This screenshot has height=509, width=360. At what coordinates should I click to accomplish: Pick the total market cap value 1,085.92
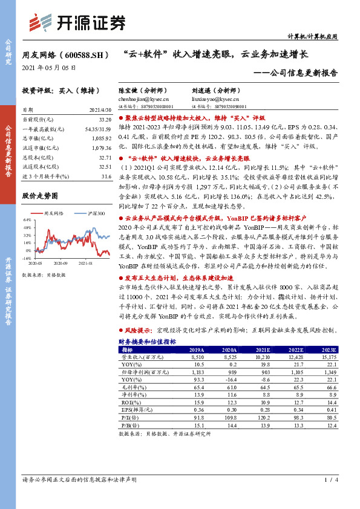[102, 138]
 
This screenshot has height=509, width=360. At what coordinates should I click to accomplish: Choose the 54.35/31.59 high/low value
[98, 129]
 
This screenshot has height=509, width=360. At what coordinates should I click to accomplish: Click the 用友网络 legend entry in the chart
[54, 214]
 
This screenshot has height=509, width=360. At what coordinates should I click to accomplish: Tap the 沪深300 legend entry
[94, 214]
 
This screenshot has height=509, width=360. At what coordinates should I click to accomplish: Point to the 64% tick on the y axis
[25, 219]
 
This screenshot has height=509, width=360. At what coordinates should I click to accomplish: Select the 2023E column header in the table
[329, 350]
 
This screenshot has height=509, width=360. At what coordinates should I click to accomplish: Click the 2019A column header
[196, 350]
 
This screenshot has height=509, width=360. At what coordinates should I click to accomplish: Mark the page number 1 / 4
[329, 480]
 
